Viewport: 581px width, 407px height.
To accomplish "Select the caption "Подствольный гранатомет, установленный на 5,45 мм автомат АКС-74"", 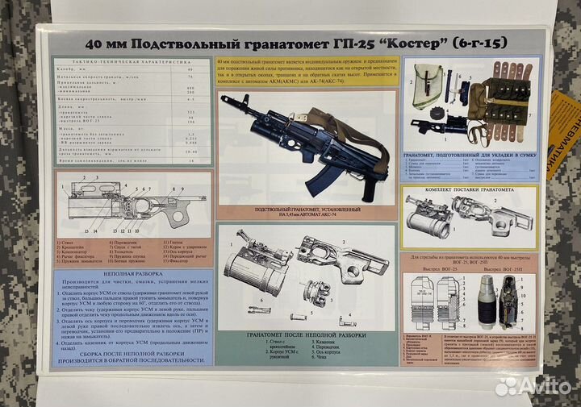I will point(305,212).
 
